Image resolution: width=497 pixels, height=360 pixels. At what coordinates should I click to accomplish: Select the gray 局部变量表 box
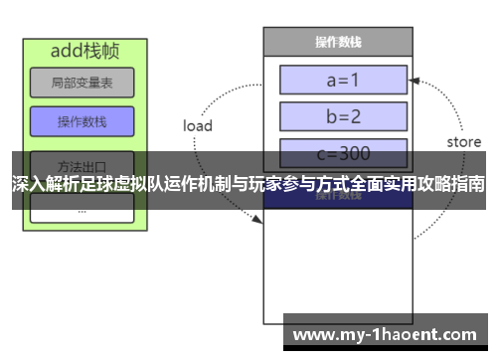click(82, 83)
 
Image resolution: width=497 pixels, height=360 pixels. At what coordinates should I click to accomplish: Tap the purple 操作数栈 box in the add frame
click(82, 121)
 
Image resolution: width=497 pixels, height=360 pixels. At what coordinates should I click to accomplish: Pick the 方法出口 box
click(82, 162)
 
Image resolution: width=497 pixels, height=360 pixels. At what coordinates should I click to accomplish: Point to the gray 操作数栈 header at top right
click(337, 42)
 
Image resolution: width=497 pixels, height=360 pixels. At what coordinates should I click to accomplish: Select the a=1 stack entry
click(344, 80)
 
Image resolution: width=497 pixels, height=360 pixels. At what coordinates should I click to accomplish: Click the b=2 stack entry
click(344, 116)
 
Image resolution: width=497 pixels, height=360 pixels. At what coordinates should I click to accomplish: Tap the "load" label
click(198, 126)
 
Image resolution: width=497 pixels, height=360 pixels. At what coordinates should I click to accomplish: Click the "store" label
click(463, 142)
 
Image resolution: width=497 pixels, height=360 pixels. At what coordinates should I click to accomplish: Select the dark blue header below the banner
click(337, 198)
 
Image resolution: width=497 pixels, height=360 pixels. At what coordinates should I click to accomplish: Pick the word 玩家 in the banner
click(274, 185)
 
